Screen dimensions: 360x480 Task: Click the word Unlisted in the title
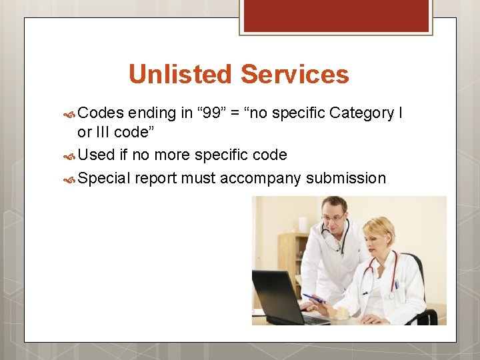(x=182, y=74)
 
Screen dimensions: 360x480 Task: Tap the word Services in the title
(x=295, y=74)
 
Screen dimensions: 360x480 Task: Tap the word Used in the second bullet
(x=97, y=155)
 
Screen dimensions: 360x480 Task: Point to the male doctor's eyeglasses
(x=333, y=217)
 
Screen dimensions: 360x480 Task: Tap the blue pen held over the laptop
(x=313, y=298)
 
